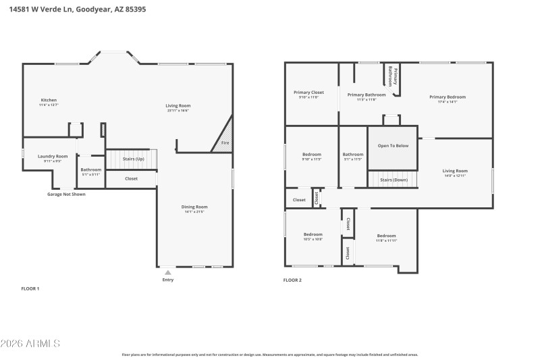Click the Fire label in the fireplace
(x=225, y=143)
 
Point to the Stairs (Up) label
(x=133, y=159)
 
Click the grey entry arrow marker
(x=168, y=272)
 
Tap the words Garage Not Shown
(x=66, y=194)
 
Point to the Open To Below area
(x=393, y=146)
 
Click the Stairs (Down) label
(x=394, y=180)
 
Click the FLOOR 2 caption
(x=292, y=280)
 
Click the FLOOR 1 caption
(x=30, y=288)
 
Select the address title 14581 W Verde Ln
(x=78, y=9)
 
